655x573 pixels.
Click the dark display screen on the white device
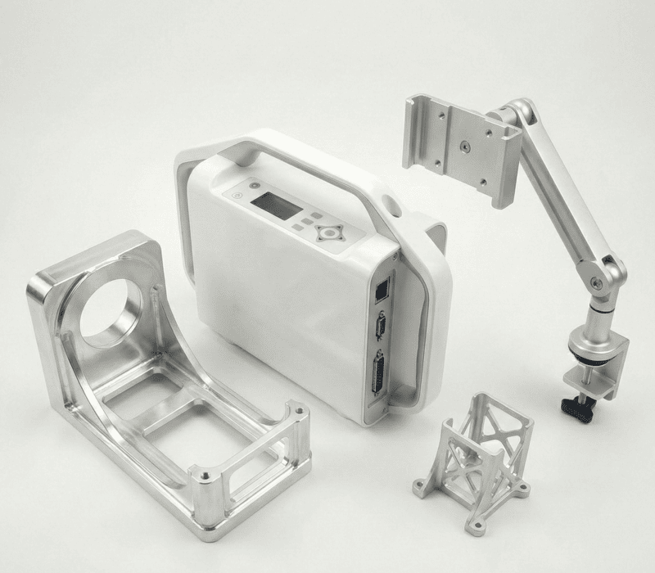click(277, 205)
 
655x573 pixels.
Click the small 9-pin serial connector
click(381, 326)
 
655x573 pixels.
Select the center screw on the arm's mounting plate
click(465, 147)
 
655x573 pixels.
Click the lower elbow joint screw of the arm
click(599, 283)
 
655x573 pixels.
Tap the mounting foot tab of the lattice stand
click(421, 489)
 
